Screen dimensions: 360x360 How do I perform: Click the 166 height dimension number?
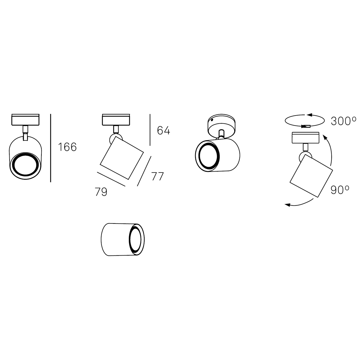pyautogui.click(x=67, y=147)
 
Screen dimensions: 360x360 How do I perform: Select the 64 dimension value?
pyautogui.click(x=163, y=130)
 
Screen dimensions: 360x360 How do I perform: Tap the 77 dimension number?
pyautogui.click(x=157, y=176)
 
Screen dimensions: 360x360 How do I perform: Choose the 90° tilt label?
pyautogui.click(x=340, y=190)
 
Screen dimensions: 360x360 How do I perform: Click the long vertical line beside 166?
pyautogui.click(x=51, y=148)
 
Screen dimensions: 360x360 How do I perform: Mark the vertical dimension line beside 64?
pyautogui.click(x=150, y=130)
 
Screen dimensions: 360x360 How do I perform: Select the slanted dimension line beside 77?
pyautogui.click(x=144, y=171)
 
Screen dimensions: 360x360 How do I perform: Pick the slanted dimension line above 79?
pyautogui.click(x=111, y=179)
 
